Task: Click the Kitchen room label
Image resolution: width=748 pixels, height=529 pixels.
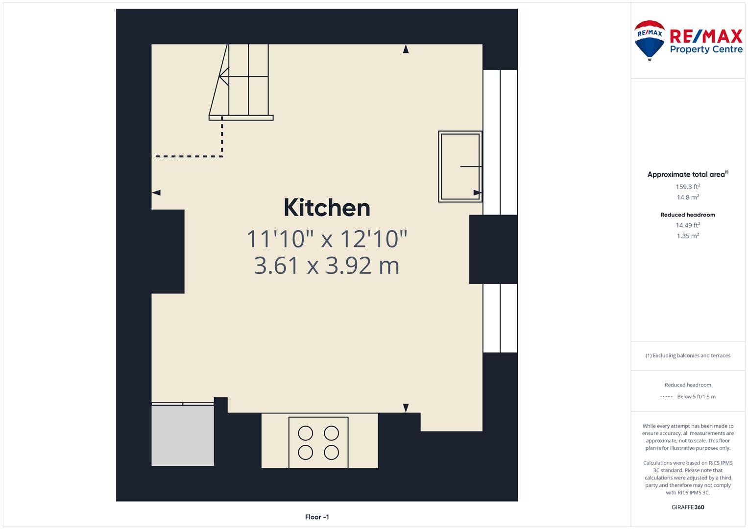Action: click(x=327, y=208)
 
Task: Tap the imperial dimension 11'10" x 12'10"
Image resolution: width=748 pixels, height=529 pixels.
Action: click(x=327, y=239)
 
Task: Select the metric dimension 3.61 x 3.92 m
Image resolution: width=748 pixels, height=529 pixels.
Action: click(x=327, y=265)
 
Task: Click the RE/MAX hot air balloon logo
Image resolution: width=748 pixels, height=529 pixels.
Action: click(x=650, y=40)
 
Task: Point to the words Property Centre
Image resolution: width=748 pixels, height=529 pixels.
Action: click(x=706, y=49)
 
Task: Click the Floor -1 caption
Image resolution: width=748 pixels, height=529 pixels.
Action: click(x=317, y=517)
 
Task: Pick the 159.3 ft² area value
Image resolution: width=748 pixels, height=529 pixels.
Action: click(x=688, y=186)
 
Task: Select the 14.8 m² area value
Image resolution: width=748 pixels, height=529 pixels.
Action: click(x=688, y=197)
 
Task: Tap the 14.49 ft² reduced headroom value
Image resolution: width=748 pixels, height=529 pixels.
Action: click(x=688, y=225)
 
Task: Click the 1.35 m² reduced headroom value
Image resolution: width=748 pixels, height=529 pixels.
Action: click(x=688, y=236)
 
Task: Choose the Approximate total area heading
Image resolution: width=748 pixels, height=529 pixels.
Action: click(x=688, y=174)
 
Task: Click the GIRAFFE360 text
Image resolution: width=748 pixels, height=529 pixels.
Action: click(x=688, y=507)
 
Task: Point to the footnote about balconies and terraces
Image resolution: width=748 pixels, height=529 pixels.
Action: click(x=688, y=355)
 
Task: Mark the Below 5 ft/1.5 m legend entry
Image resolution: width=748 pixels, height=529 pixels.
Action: click(x=696, y=396)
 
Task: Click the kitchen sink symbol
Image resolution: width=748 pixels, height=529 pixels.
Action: click(x=460, y=167)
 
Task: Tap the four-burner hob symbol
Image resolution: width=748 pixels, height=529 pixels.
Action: click(x=318, y=442)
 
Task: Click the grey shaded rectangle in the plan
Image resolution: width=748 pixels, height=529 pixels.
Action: click(x=183, y=435)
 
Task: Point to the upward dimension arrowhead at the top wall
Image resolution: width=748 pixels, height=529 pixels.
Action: click(x=406, y=49)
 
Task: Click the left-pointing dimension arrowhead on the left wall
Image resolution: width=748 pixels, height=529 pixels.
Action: click(x=156, y=192)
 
